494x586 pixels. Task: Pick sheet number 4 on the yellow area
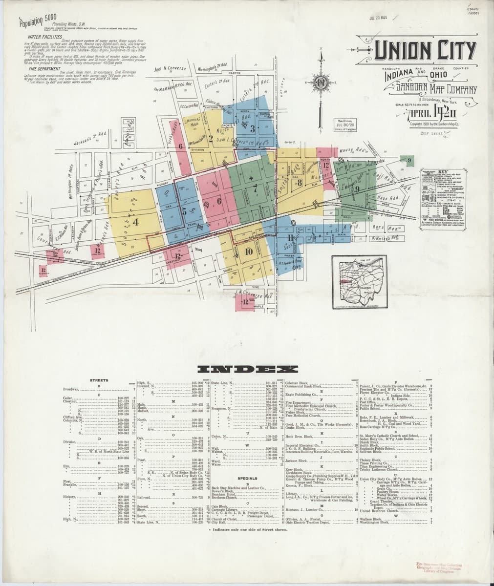click(x=135, y=222)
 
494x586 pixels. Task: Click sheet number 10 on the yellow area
click(x=249, y=251)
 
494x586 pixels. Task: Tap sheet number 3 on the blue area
click(x=252, y=129)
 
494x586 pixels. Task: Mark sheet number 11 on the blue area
click(x=291, y=238)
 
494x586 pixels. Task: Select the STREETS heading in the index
click(x=99, y=379)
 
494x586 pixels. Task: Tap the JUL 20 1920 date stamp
click(x=379, y=18)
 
